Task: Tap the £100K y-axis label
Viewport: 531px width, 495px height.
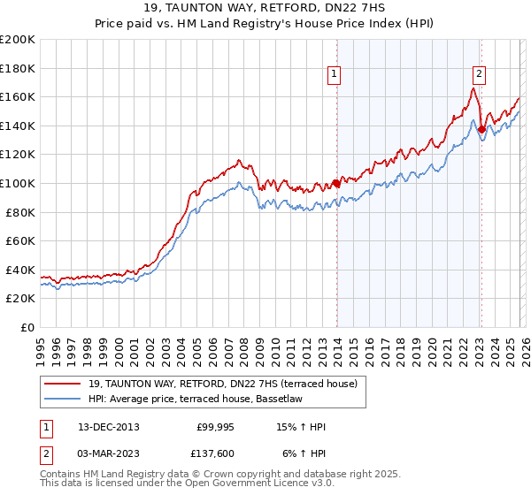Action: coord(18,183)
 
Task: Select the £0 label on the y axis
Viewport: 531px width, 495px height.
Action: coord(28,327)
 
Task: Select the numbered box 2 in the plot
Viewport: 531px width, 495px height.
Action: coord(479,75)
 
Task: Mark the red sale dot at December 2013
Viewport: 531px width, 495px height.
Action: coord(336,184)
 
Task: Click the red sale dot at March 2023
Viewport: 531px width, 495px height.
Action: coord(481,129)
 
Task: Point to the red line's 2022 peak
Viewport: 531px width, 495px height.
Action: coord(474,88)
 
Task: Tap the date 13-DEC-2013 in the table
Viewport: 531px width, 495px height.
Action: coord(108,427)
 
